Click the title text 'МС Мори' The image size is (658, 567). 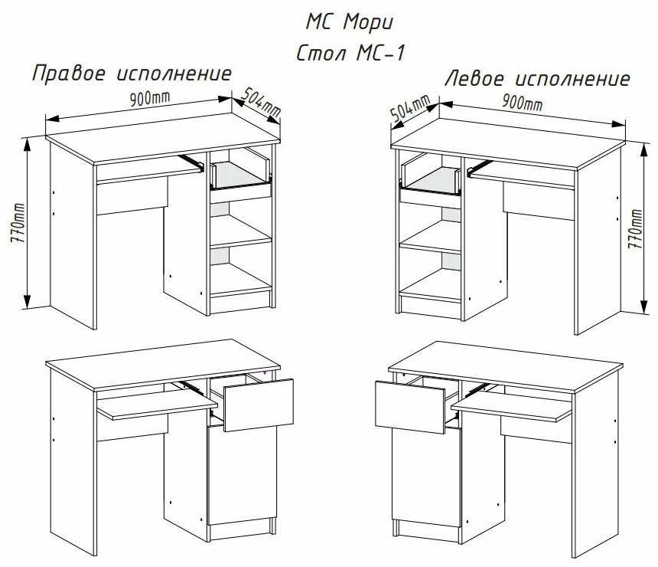click(349, 23)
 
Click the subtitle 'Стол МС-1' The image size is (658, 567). click(351, 54)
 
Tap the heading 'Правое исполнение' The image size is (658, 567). click(132, 74)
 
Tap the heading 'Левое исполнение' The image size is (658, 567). click(538, 79)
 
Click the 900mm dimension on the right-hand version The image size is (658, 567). click(149, 99)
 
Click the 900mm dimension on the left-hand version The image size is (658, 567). click(523, 102)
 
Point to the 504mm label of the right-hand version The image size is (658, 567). click(261, 102)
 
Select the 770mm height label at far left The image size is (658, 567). click(18, 223)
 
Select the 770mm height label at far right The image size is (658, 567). click(635, 228)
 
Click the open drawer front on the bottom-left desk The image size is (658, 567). click(259, 405)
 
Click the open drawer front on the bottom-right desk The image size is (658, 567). click(410, 407)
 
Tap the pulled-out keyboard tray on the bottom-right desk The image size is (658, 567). click(512, 408)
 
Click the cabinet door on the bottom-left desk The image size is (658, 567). click(242, 476)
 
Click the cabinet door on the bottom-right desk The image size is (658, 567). click(427, 477)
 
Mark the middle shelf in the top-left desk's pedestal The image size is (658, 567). click(240, 231)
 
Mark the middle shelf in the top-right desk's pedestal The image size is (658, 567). click(431, 237)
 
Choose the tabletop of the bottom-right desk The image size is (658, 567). click(506, 365)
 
